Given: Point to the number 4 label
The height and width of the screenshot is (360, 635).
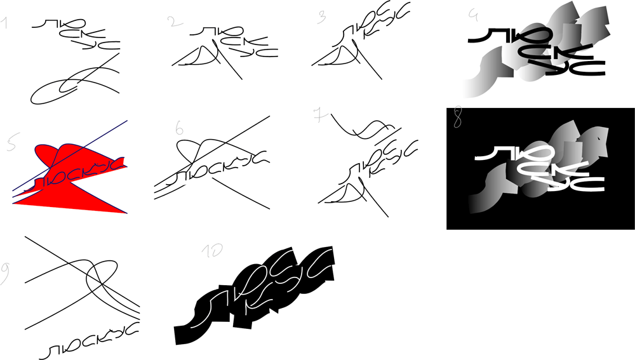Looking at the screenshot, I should (472, 13).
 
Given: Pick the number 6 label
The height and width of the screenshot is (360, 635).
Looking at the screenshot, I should (180, 129).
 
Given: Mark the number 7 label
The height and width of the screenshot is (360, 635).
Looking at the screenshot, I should (319, 115).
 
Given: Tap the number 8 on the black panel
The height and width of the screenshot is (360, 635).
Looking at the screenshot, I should (457, 119).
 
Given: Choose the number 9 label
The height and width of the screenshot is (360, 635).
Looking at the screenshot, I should (6, 272).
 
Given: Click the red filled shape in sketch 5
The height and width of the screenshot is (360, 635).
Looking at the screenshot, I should (63, 197).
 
